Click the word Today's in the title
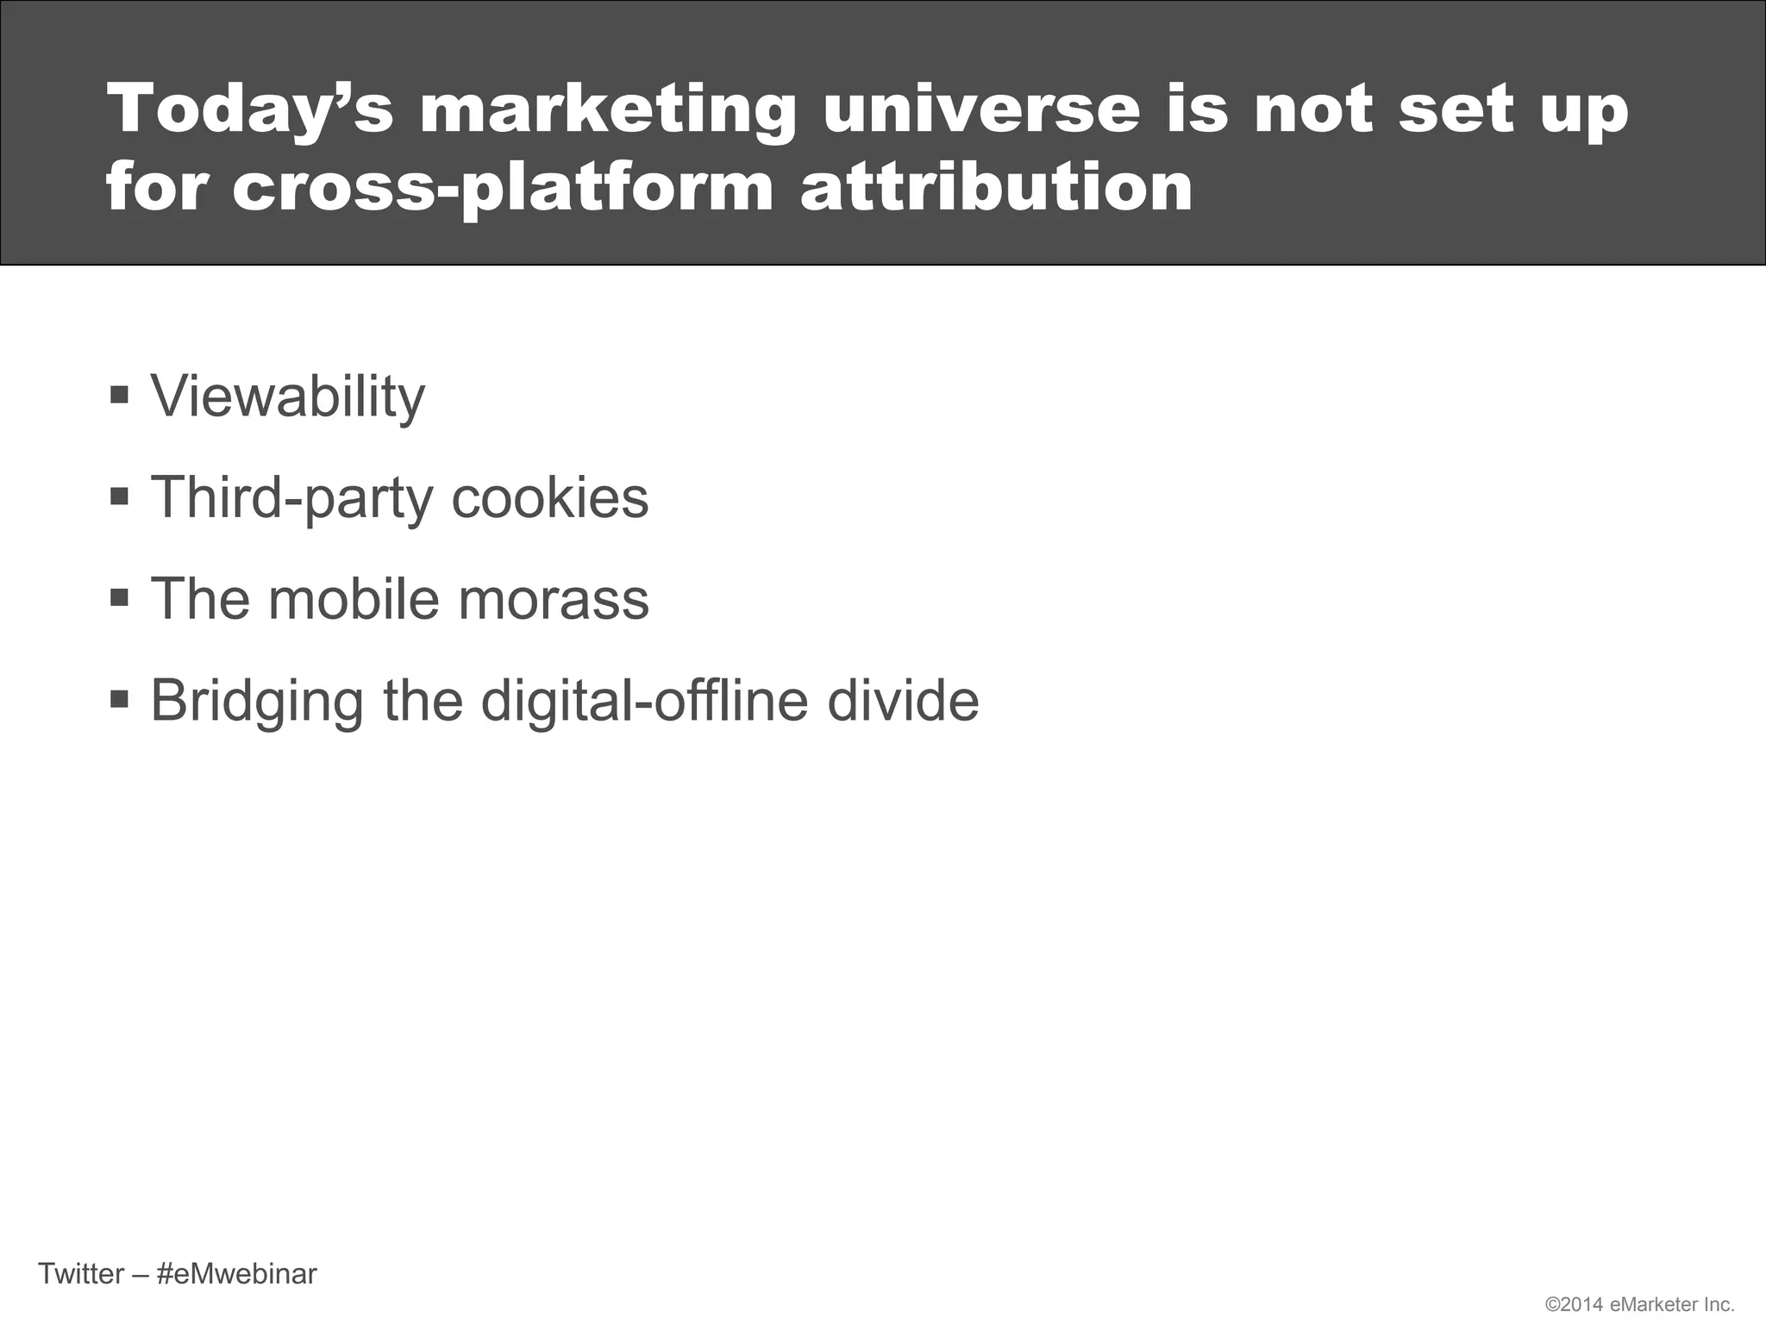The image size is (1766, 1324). (x=249, y=110)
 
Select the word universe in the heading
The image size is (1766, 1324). (x=980, y=110)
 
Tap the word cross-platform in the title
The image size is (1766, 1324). (x=503, y=188)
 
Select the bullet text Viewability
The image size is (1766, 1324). (x=288, y=397)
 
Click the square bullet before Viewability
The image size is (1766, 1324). (x=120, y=396)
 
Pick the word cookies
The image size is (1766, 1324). (x=549, y=497)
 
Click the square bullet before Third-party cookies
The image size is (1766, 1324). (x=120, y=497)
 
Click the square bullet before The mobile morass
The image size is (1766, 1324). (x=120, y=598)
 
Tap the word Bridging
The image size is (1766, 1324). (x=257, y=702)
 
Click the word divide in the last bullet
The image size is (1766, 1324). (x=903, y=700)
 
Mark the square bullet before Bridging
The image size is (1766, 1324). (x=120, y=699)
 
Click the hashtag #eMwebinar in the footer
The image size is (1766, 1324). (x=237, y=1273)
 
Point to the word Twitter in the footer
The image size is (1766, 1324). (x=81, y=1273)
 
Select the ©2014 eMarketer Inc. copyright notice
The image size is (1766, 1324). (x=1639, y=1304)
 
